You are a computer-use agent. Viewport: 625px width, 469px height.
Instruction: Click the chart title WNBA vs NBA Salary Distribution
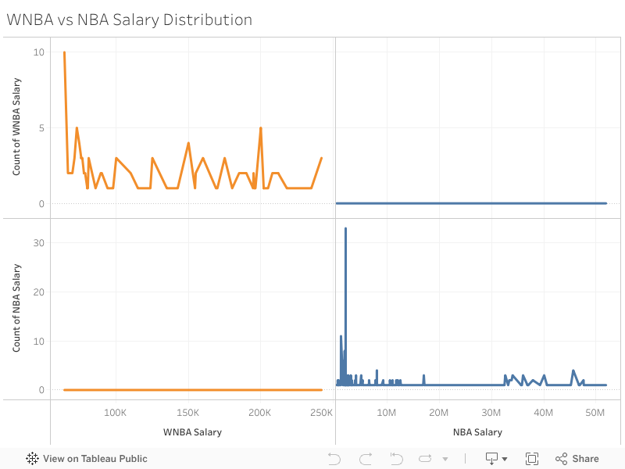coord(130,20)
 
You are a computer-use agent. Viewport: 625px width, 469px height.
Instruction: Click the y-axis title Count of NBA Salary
coord(16,307)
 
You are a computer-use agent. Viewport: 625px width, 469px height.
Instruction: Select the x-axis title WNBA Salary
coord(192,432)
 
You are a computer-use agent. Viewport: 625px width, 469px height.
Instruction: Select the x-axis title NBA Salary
coord(477,432)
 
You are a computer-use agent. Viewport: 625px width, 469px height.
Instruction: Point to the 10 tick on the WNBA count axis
coord(39,52)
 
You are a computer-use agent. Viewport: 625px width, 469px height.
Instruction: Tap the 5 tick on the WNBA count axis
coord(41,128)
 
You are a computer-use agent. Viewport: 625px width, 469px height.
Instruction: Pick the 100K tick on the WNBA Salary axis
coord(116,413)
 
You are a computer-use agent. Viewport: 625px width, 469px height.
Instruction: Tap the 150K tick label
coord(187,413)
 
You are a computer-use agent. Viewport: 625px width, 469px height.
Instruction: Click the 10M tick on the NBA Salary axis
coord(387,413)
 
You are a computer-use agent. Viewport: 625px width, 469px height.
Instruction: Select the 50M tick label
coord(595,413)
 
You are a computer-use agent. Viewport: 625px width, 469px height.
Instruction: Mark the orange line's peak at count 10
coord(64,52)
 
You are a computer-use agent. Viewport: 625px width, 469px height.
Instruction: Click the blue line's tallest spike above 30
coord(345,229)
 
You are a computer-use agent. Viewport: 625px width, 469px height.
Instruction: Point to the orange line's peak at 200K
coord(260,128)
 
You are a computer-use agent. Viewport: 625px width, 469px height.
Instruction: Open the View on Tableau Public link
coord(87,459)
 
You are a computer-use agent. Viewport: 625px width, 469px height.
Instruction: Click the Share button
coord(577,459)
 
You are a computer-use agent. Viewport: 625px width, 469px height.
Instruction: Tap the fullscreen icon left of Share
coord(532,459)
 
